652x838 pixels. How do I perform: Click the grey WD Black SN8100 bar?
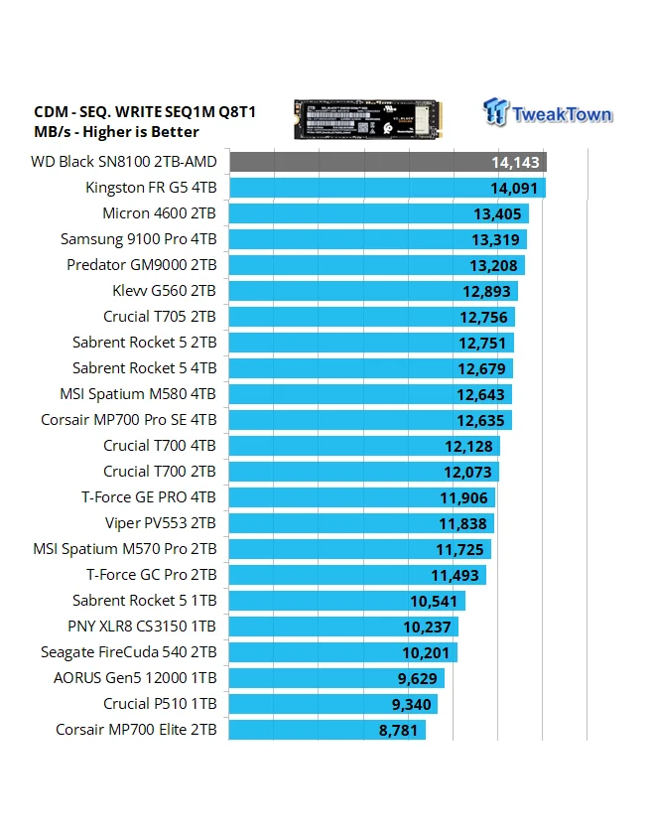point(387,162)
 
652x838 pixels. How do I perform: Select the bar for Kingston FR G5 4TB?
point(387,188)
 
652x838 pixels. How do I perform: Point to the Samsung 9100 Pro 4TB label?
point(138,239)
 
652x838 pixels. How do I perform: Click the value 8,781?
point(401,730)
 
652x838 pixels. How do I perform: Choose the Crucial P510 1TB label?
point(159,704)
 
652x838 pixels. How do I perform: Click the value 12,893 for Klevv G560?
point(485,291)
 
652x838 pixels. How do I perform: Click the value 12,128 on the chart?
point(467,446)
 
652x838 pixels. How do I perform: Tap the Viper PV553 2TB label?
point(160,523)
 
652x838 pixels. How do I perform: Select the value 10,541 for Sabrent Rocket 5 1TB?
point(434,601)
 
